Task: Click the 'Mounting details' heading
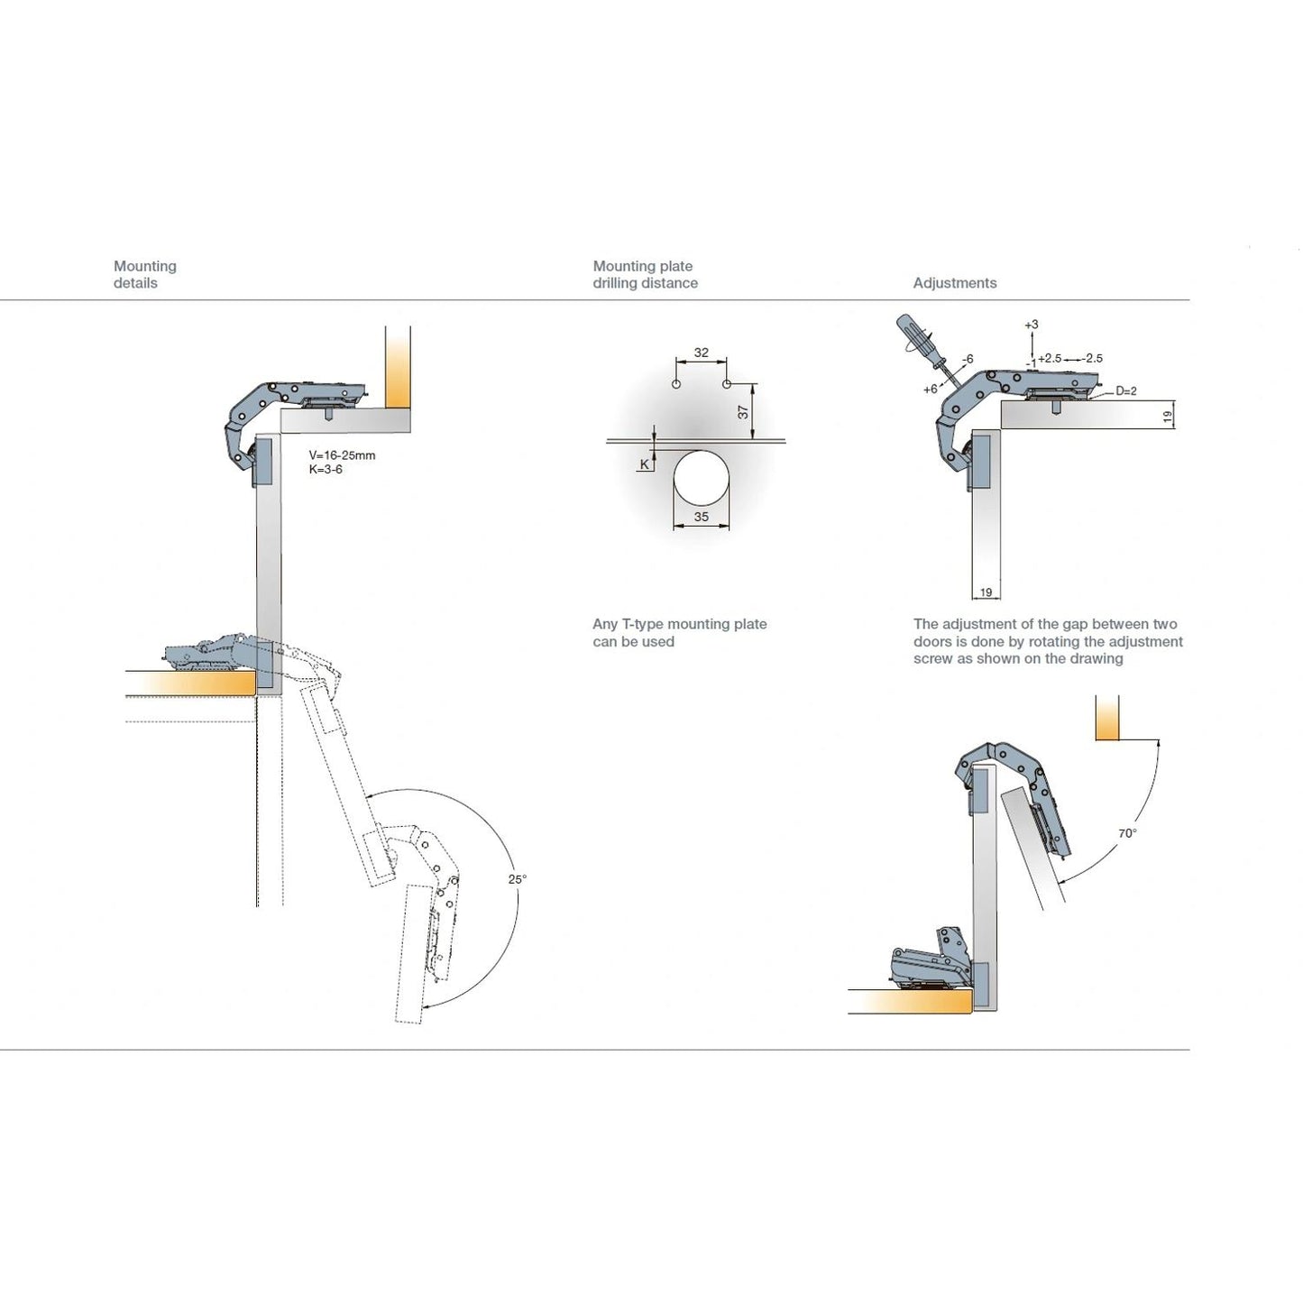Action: click(x=144, y=274)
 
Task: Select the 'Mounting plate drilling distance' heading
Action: click(x=645, y=274)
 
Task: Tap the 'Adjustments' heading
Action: click(x=954, y=283)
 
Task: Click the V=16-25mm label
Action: click(x=342, y=455)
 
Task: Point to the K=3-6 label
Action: click(x=326, y=470)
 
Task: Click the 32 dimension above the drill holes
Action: click(x=702, y=353)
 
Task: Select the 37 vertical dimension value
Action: click(x=743, y=411)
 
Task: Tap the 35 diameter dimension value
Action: click(x=702, y=518)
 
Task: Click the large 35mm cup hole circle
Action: click(x=702, y=478)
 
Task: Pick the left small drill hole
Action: click(x=676, y=384)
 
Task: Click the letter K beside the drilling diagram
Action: click(x=645, y=464)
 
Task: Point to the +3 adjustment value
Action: click(x=1031, y=325)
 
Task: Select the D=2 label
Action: click(x=1125, y=391)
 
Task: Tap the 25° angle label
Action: click(x=517, y=879)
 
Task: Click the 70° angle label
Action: click(x=1127, y=833)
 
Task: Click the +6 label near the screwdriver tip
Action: click(x=930, y=390)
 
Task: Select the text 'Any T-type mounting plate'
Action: click(x=679, y=624)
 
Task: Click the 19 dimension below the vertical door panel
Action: click(x=986, y=592)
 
